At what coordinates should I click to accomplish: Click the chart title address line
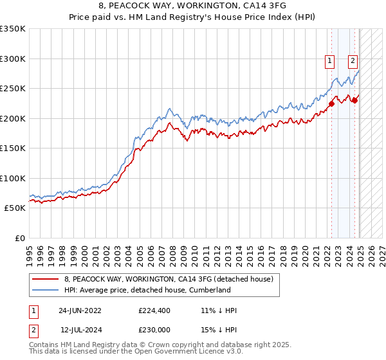192,6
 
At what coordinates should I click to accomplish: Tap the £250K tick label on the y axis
13,88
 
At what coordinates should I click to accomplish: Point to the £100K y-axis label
13,178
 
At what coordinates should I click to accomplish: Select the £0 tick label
19,238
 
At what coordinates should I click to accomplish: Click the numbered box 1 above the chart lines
329,62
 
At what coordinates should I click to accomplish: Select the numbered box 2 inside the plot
353,62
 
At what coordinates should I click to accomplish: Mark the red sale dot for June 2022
332,104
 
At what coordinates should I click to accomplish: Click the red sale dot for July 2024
354,100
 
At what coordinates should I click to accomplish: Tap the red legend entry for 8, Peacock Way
169,279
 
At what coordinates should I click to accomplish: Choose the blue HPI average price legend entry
147,290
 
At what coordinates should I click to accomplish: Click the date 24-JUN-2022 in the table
80,310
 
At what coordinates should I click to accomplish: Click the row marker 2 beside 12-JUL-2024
32,329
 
